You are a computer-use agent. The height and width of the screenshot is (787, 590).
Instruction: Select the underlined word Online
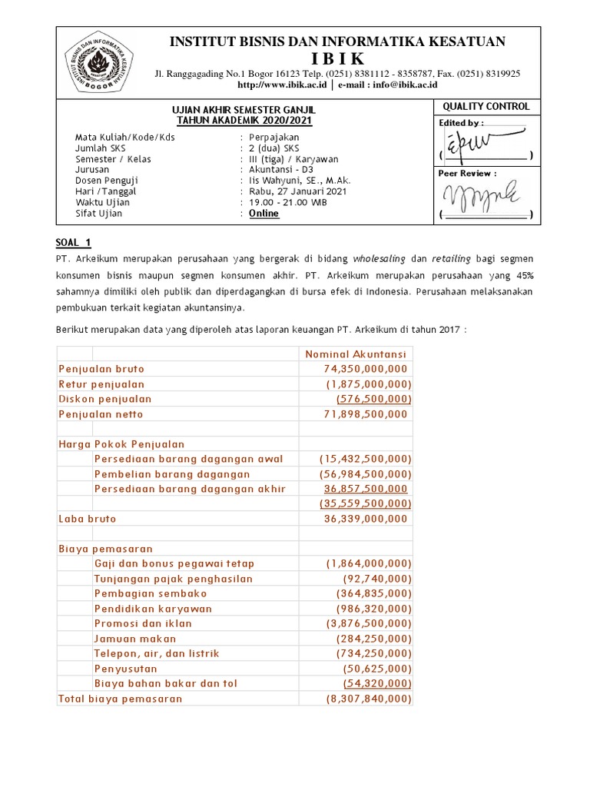pyautogui.click(x=264, y=214)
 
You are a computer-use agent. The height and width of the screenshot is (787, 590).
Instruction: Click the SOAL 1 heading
pyautogui.click(x=74, y=243)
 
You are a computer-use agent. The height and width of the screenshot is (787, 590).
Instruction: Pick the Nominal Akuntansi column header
pyautogui.click(x=356, y=354)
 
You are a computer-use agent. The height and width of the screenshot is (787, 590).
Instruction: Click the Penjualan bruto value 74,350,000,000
pyautogui.click(x=365, y=369)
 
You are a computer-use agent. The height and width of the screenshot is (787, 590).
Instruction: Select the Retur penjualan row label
pyautogui.click(x=101, y=384)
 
